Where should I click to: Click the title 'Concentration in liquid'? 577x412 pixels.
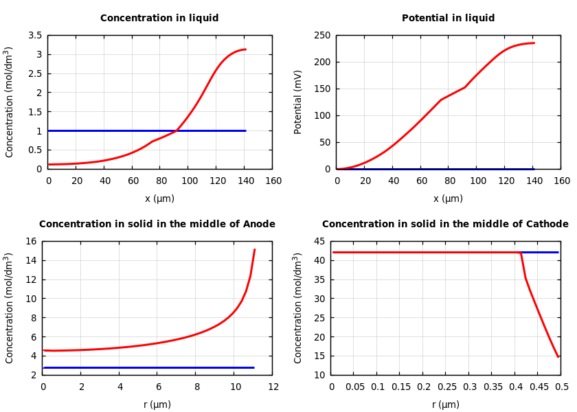pos(159,19)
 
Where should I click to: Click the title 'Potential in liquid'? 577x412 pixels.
pos(448,19)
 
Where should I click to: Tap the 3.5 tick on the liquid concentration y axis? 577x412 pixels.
pos(34,35)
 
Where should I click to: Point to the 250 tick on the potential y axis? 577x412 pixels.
pos(321,35)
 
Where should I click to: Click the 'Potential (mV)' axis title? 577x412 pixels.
pos(298,102)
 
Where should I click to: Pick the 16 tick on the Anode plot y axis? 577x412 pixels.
pos(30,241)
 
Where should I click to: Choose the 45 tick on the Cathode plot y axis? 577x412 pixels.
pos(318,241)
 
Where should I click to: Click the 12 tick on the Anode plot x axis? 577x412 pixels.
pos(273,387)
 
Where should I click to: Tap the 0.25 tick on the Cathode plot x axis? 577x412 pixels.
pos(446,387)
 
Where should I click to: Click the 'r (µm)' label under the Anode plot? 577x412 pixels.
pos(157,404)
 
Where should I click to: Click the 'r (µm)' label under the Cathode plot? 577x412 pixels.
pos(446,404)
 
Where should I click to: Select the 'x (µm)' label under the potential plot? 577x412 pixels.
pos(448,198)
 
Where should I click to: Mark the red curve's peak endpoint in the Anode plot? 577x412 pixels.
pos(255,249)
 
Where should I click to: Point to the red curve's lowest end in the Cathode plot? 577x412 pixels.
pos(558,357)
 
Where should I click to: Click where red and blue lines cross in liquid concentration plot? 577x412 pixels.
pos(177,130)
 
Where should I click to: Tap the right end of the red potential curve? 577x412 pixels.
pos(534,43)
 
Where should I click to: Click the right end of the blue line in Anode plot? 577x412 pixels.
pos(253,367)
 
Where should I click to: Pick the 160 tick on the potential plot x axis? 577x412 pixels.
pos(561,181)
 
